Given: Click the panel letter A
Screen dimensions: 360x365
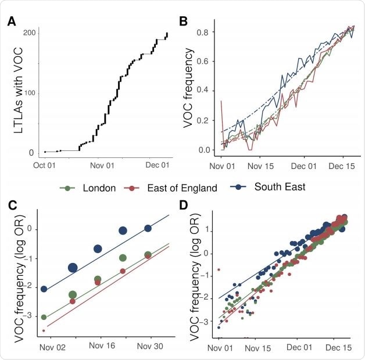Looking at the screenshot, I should coord(12,22).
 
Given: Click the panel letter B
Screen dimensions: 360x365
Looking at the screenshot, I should coord(183,22).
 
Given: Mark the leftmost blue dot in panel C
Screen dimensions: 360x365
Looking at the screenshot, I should coord(44,289).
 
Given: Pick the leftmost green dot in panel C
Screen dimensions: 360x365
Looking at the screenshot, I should coord(44,317).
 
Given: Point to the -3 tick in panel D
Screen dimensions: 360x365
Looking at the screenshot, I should coord(205,321).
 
